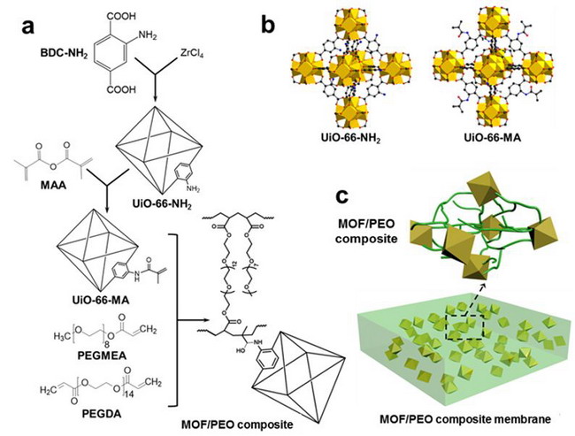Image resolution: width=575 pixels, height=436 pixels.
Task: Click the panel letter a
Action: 28,26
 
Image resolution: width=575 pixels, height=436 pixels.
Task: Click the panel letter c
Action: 343,196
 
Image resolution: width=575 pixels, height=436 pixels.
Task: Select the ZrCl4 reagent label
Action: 192,54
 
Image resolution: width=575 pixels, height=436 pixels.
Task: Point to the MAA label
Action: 54,185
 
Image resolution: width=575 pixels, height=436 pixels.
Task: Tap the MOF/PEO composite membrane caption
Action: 465,418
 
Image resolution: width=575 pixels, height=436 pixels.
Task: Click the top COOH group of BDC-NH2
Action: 121,16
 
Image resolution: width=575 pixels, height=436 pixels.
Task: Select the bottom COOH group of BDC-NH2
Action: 121,89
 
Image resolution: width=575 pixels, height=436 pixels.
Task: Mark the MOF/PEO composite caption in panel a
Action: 237,425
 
